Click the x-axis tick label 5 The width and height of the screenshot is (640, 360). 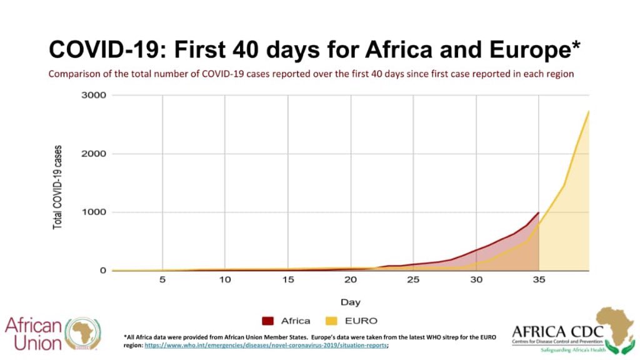click(162, 280)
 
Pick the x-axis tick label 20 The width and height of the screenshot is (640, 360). click(351, 280)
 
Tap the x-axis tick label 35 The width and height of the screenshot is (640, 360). click(539, 280)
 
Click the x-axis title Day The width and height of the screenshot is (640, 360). click(350, 302)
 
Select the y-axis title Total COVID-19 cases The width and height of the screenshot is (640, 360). click(57, 187)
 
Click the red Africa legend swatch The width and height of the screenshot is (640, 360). click(268, 321)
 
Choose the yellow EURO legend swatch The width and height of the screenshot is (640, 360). click(331, 321)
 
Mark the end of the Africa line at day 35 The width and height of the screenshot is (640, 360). click(538, 212)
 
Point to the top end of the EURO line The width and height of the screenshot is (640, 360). click(588, 111)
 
